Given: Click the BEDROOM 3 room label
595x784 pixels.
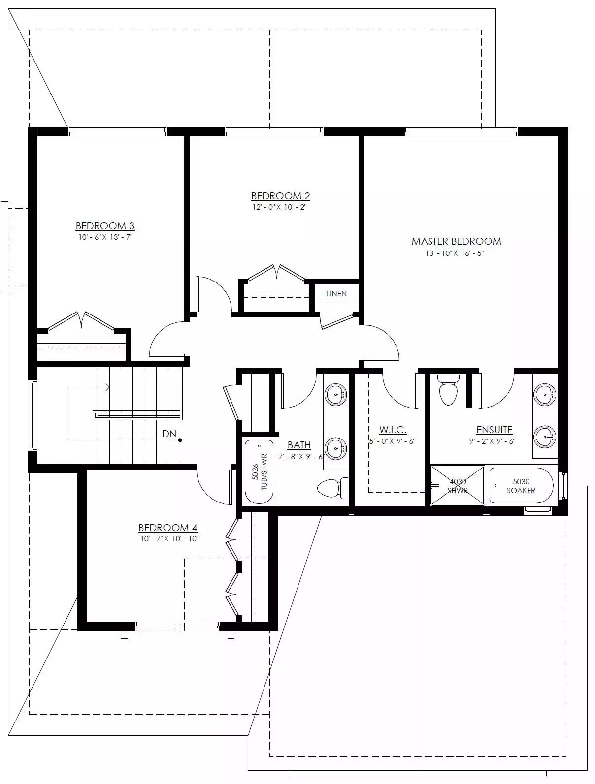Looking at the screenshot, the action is [x=105, y=226].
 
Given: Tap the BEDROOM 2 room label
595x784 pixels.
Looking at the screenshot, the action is [x=281, y=196].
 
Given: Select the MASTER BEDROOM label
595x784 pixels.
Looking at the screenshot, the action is [x=456, y=242].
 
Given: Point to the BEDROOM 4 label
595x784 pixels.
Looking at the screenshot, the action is [x=168, y=528].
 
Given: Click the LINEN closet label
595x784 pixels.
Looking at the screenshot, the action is [x=336, y=294].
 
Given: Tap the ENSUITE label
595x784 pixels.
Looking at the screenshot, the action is [x=495, y=430].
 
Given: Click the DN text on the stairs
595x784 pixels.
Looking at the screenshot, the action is [x=169, y=434].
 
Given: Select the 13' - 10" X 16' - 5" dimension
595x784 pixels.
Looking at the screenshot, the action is [x=455, y=253].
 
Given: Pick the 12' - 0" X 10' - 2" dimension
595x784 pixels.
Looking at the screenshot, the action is [x=280, y=207].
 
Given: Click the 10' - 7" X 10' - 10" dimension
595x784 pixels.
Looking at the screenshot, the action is [x=169, y=538].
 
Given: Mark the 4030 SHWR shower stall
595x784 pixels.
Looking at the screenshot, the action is [x=458, y=485].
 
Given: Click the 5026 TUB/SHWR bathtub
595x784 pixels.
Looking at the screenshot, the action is [x=259, y=472].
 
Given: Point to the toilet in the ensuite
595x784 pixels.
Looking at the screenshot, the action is [x=449, y=390].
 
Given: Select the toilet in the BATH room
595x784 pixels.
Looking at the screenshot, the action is [x=333, y=488].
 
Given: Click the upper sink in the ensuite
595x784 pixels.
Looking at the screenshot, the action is [x=545, y=395].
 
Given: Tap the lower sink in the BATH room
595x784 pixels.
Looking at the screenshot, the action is [x=335, y=449].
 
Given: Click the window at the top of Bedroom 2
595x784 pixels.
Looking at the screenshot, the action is [x=274, y=131].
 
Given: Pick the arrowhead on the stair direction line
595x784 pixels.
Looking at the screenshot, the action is [x=107, y=387].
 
